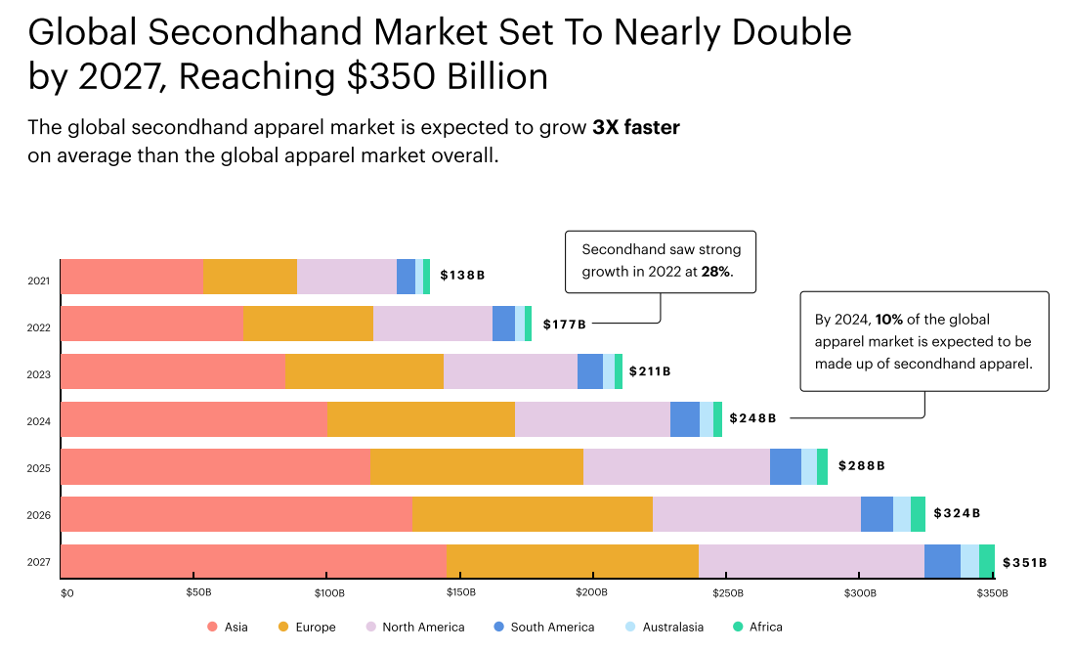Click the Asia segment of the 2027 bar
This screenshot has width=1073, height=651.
pos(254,561)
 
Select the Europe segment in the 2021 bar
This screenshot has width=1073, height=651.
pos(250,277)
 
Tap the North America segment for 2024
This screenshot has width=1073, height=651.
pos(593,419)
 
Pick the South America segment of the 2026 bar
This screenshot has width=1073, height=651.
pos(877,514)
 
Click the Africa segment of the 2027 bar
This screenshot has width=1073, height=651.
pos(987,561)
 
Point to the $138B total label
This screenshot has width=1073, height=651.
pos(462,276)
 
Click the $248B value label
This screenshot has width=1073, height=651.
pos(752,418)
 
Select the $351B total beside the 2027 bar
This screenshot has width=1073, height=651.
pos(1024,563)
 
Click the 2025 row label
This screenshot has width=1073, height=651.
pos(39,468)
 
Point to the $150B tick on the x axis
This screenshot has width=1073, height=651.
pos(460,593)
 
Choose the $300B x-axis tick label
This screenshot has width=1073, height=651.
pos(859,593)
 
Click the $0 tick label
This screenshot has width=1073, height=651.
pos(66,593)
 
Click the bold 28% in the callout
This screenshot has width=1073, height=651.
pos(715,272)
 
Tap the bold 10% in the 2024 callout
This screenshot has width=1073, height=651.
pos(889,320)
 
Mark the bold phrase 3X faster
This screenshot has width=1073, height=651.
pos(636,128)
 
